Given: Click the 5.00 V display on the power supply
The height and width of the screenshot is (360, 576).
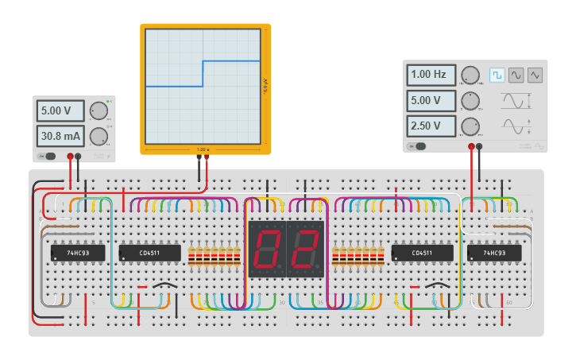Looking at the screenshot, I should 60,110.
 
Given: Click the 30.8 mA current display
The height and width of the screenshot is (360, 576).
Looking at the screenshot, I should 60,137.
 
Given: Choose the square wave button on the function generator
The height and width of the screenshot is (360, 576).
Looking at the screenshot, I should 497,75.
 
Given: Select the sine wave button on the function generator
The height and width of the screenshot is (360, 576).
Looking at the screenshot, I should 516,75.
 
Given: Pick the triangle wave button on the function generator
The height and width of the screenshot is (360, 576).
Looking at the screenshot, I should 535,75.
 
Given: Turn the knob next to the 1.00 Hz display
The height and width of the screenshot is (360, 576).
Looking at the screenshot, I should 470,75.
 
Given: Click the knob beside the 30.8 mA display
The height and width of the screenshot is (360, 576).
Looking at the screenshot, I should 99,137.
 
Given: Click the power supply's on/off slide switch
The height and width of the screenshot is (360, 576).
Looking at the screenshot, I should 48,156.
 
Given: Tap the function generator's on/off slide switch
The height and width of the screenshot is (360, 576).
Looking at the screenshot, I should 418,146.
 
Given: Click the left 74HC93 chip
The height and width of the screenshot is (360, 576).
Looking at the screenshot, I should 78,253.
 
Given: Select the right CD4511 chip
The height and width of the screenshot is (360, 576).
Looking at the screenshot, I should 422,253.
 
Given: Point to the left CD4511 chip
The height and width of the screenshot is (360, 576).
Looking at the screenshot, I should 149,253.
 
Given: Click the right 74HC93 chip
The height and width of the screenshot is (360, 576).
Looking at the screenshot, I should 494,253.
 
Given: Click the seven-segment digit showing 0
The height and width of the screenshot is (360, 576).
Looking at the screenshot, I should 267,249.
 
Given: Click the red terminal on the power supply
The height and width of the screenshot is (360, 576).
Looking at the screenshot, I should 71,157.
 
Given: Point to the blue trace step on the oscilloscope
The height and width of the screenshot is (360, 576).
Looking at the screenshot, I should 203,73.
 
